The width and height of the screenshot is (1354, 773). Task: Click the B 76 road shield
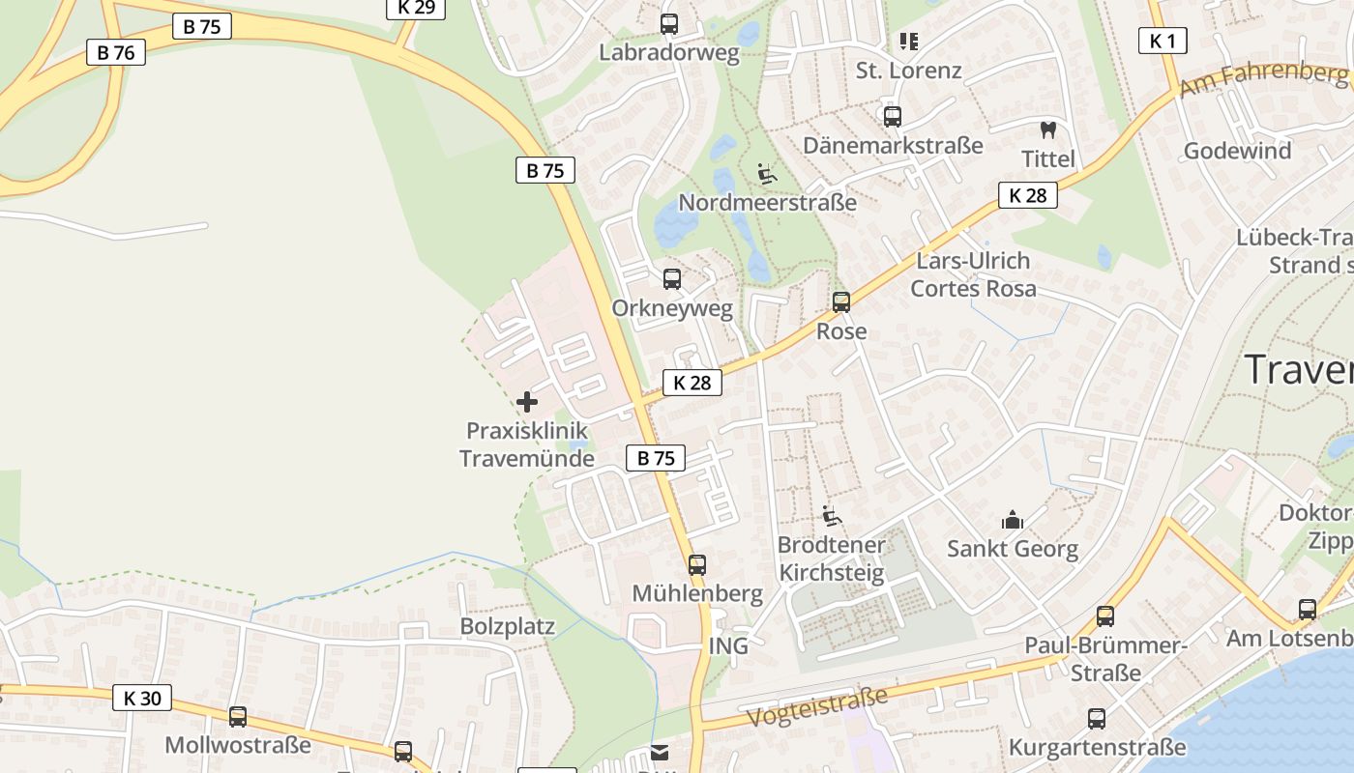[x=116, y=52]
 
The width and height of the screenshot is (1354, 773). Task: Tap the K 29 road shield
[x=416, y=8]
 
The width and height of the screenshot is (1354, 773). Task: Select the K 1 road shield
[x=1162, y=41]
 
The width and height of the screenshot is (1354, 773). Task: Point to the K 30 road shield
[x=142, y=698]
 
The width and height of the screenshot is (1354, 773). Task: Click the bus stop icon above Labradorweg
[x=668, y=24]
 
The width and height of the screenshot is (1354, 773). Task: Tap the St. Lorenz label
[x=908, y=71]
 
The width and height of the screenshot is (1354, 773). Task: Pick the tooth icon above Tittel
[x=1047, y=129]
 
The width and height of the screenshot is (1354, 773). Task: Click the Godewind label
[x=1237, y=151]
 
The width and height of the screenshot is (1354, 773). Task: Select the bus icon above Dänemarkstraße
[x=892, y=117]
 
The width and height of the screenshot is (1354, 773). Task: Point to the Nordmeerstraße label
[x=767, y=203]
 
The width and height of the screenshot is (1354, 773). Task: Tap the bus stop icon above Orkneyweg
[x=671, y=279]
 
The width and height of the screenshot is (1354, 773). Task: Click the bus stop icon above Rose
[x=841, y=301]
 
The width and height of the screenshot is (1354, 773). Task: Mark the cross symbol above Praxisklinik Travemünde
[x=527, y=401]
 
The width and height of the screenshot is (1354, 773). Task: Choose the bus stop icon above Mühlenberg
[x=697, y=565]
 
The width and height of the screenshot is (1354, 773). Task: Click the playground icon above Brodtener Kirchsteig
[x=831, y=516]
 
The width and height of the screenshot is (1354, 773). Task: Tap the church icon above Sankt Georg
[x=1013, y=520]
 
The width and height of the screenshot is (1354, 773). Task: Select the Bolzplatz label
[x=507, y=626]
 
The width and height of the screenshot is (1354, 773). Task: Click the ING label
[x=728, y=645]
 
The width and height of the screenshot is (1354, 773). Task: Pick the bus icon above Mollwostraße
[x=237, y=717]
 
